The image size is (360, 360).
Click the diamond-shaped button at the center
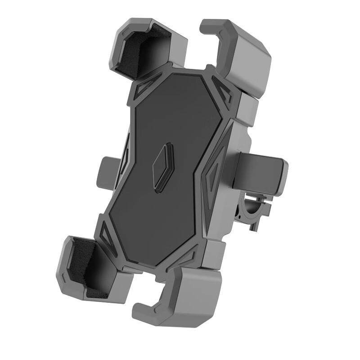[x=162, y=167]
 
